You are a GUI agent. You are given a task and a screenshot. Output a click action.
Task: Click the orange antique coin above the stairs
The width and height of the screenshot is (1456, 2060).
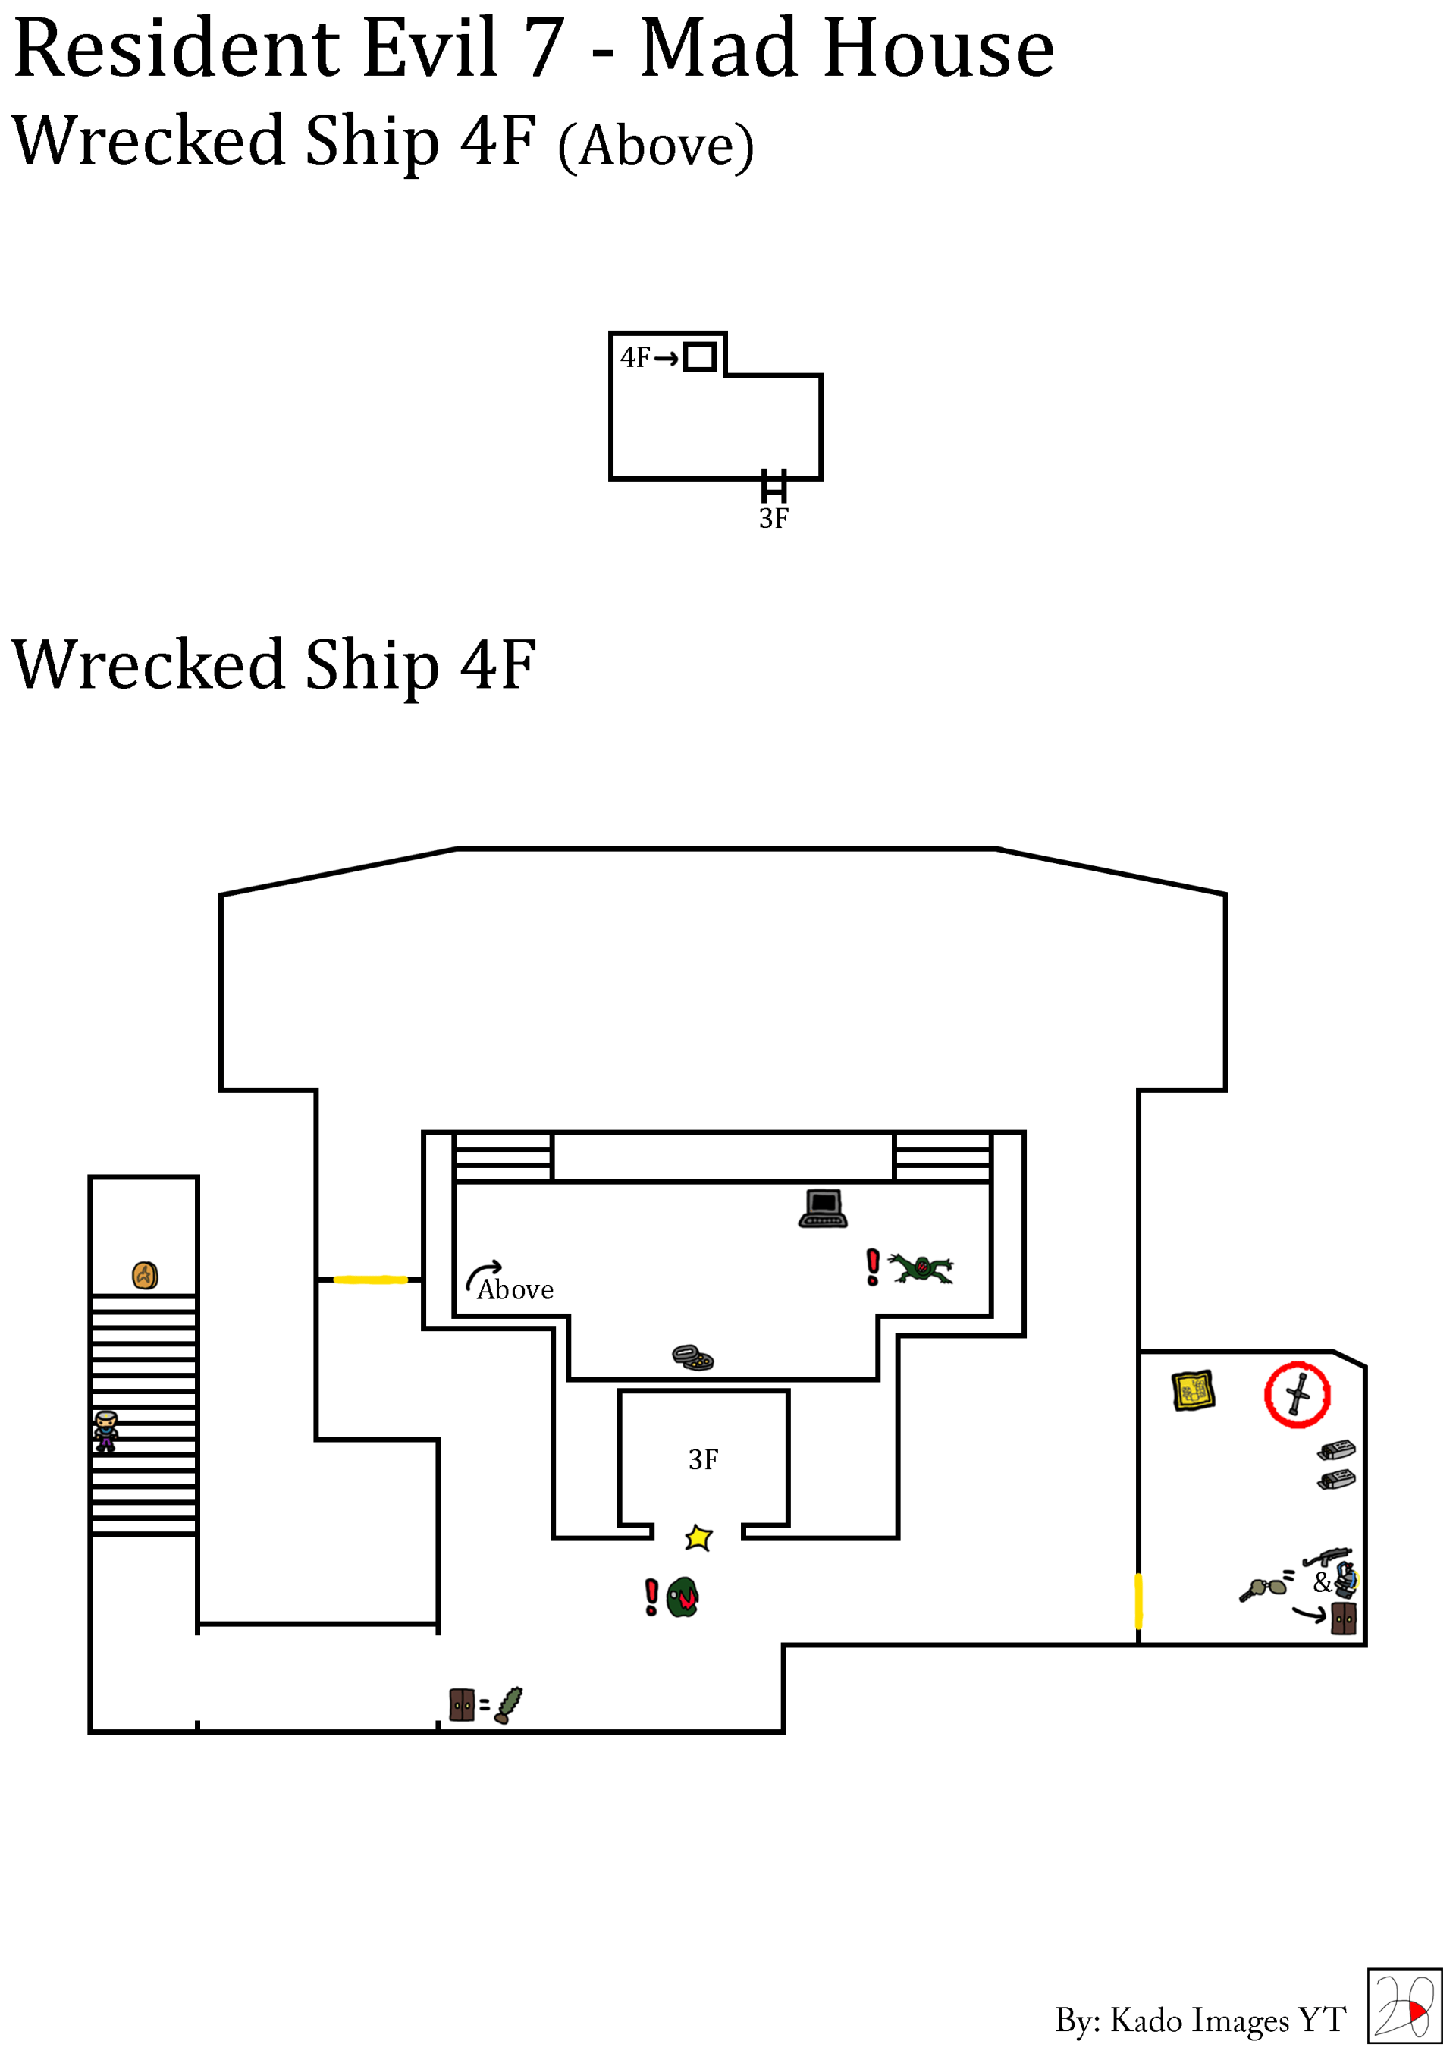[146, 1275]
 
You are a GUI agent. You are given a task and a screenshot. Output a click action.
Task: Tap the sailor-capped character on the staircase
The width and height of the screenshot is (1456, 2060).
[106, 1430]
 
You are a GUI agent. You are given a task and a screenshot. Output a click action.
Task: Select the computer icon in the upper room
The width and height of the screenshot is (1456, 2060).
[823, 1207]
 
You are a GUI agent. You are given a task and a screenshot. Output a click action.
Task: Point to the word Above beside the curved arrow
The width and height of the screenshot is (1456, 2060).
[515, 1290]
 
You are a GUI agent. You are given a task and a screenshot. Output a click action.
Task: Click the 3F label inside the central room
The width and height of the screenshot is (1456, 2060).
[703, 1460]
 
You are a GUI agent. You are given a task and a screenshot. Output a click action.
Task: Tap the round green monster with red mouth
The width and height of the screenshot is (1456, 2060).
[682, 1597]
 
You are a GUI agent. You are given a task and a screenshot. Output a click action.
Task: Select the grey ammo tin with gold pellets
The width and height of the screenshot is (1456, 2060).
[692, 1357]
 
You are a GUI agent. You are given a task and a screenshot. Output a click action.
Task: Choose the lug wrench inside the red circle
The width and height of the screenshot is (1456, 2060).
[1298, 1394]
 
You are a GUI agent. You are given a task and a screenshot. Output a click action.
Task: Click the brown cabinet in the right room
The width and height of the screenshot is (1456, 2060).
[1344, 1619]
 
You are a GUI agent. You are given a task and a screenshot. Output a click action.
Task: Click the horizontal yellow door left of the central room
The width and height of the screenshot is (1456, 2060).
[371, 1280]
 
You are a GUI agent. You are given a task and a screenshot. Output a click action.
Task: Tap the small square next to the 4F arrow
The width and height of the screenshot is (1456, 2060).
[699, 357]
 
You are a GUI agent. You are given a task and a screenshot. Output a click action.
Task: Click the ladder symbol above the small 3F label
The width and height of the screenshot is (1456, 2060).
[773, 485]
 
